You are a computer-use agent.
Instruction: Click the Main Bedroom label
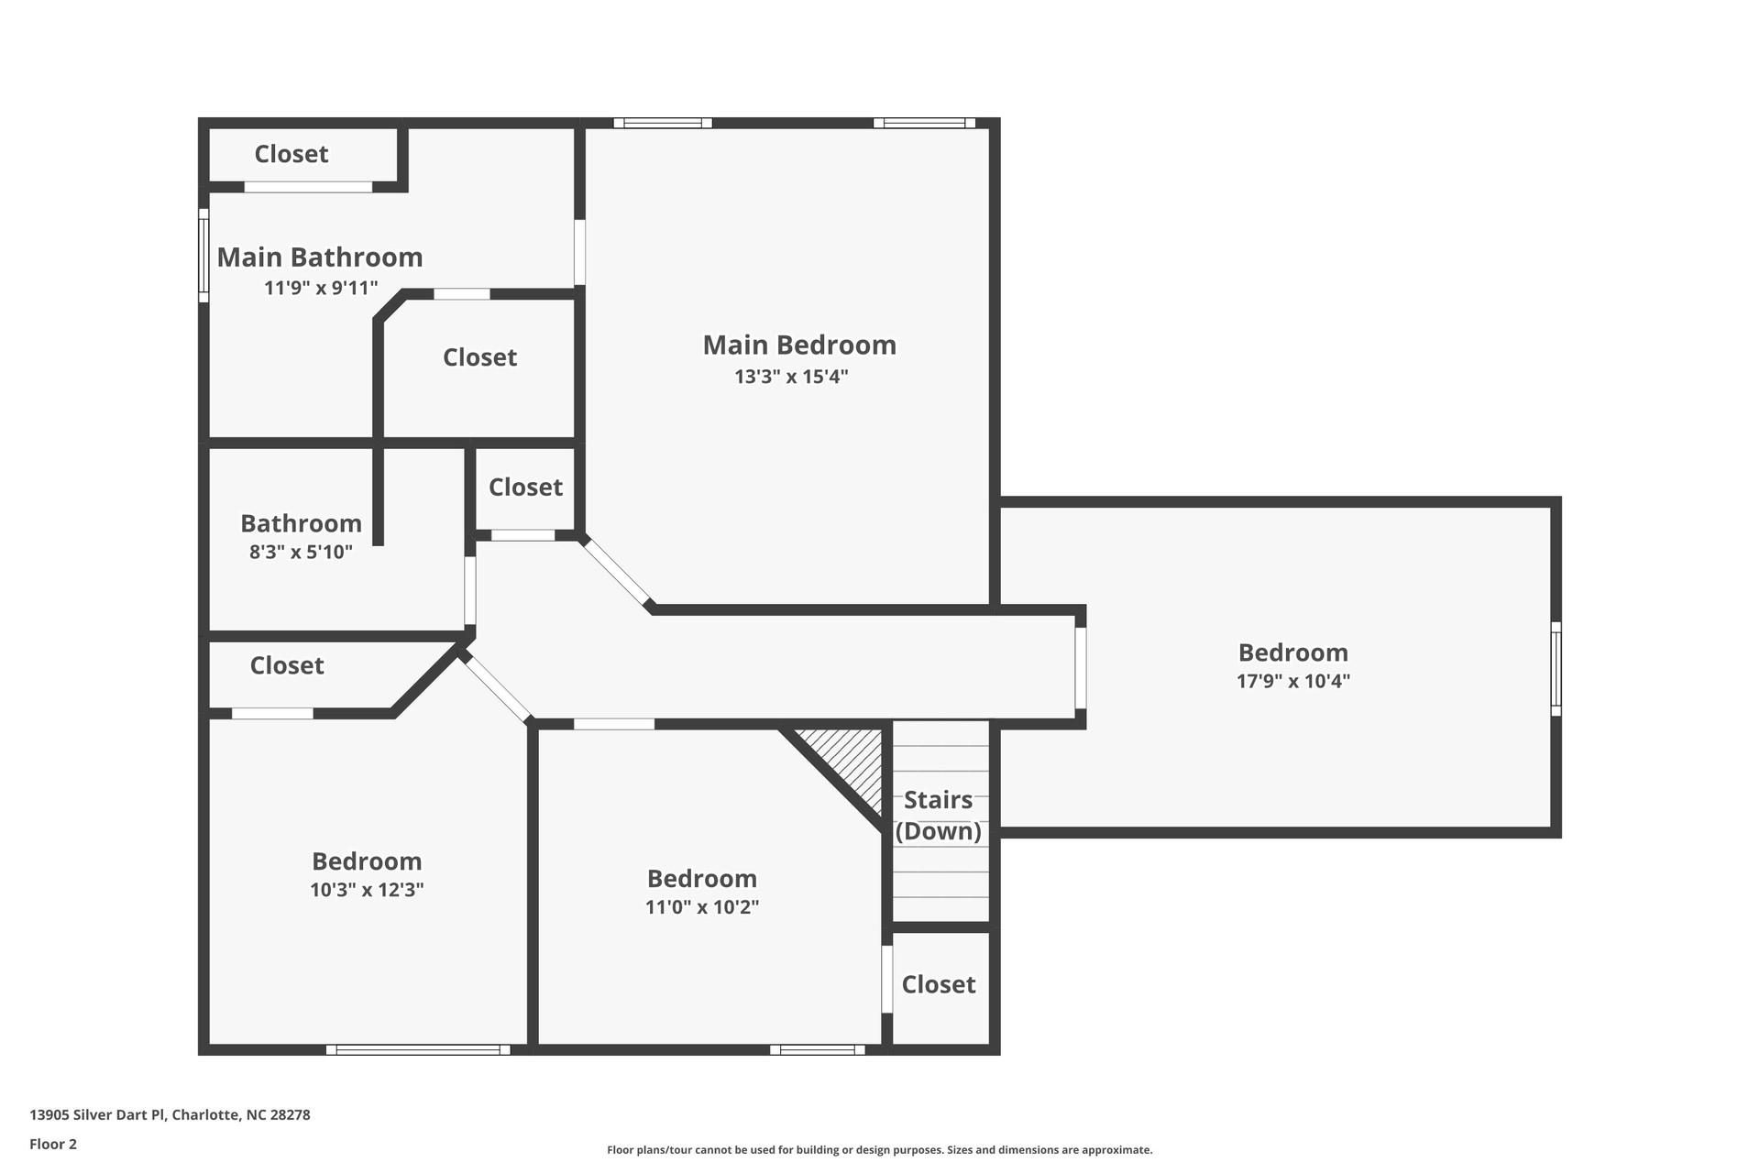[x=799, y=345]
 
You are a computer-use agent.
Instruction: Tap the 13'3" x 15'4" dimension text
[x=791, y=377]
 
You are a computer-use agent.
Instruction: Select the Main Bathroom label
[x=319, y=258]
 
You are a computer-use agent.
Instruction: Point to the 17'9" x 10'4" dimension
[x=1292, y=681]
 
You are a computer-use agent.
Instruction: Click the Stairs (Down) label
[x=938, y=815]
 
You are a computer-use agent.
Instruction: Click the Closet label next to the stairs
[x=938, y=984]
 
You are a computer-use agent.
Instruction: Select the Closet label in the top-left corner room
[x=291, y=154]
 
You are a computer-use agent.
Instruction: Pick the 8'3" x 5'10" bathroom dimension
[x=301, y=553]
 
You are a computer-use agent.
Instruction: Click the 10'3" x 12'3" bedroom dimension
[x=367, y=890]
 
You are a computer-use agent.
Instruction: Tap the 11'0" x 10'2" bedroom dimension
[x=701, y=907]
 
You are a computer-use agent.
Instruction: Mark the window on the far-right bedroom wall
[x=1556, y=669]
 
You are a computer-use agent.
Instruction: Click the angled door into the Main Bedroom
[x=617, y=573]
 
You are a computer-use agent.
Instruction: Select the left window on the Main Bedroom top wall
[x=663, y=123]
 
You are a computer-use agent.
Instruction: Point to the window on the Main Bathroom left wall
[x=203, y=255]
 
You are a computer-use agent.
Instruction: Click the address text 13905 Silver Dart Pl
[x=170, y=1115]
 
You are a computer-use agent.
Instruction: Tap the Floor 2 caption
[x=53, y=1144]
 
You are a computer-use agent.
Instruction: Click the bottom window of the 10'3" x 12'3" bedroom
[x=418, y=1049]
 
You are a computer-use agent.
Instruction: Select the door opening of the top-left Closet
[x=308, y=187]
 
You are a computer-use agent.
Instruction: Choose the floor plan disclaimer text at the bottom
[x=879, y=1150]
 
